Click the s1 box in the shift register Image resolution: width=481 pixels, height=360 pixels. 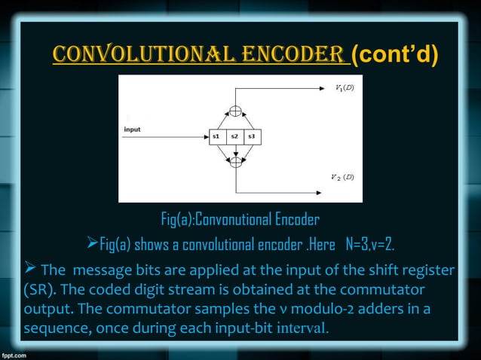coord(216,136)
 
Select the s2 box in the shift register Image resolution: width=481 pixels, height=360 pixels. coord(235,136)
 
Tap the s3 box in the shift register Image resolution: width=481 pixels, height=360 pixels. coord(253,136)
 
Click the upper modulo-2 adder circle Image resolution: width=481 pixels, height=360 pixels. coord(236,111)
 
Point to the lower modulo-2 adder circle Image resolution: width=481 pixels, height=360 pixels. coord(236,160)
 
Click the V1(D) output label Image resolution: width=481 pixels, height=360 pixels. coord(345,88)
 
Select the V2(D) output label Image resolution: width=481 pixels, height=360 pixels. coord(343,177)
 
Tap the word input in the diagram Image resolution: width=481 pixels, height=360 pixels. coord(132,130)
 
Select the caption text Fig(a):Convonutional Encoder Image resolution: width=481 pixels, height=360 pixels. coord(240,220)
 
